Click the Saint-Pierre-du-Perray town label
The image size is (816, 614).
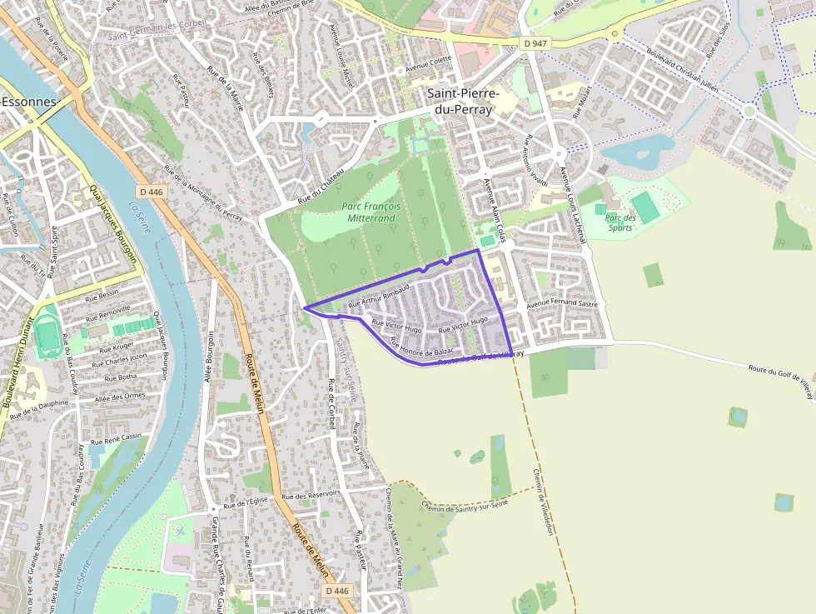click(463, 101)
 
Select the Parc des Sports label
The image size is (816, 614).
click(620, 222)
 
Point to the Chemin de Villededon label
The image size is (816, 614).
click(543, 501)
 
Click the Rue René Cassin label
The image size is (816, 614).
click(116, 438)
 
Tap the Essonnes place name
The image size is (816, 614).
click(30, 102)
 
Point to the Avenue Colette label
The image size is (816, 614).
click(428, 60)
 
